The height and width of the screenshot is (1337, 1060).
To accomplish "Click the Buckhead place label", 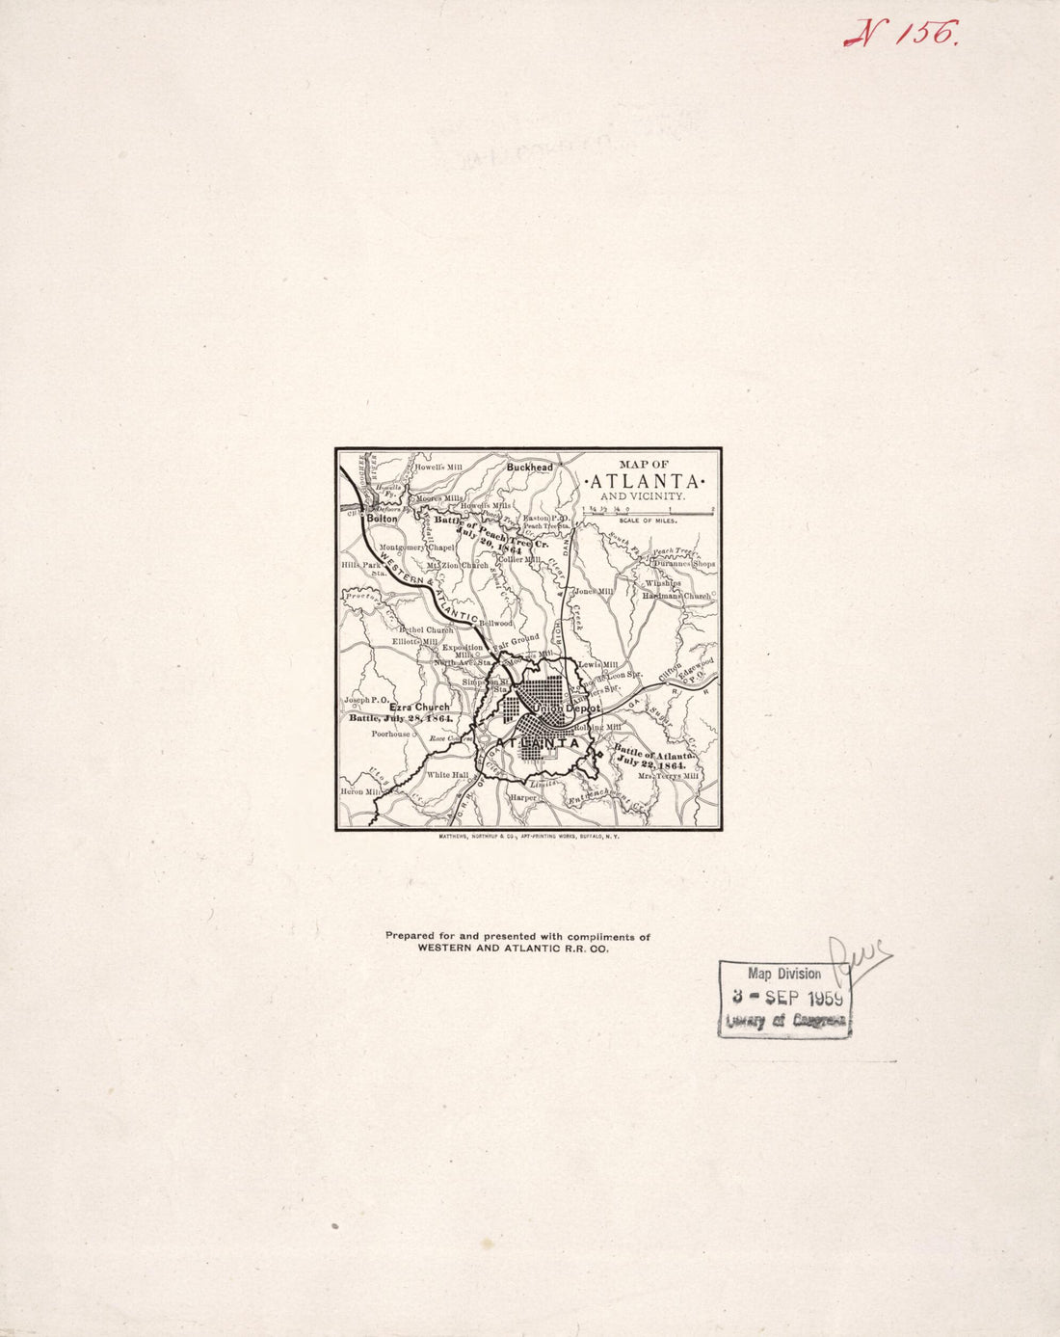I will (x=530, y=468).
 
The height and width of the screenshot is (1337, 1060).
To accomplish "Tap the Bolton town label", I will (x=382, y=519).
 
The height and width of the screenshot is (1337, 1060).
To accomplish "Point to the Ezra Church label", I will (x=419, y=708).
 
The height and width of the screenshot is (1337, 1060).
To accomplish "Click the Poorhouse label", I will (x=391, y=734).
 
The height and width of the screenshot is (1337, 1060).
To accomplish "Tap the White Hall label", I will (x=447, y=774).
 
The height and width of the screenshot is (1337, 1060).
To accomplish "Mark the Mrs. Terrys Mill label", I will (x=666, y=775).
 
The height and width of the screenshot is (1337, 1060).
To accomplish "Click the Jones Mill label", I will (x=594, y=591).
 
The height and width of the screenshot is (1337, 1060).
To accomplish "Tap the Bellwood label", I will (x=496, y=624).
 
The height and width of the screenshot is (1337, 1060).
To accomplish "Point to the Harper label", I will (x=523, y=798).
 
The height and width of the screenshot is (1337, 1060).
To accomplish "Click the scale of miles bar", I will (x=648, y=513).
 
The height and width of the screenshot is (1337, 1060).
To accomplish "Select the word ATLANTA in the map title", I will (x=645, y=481).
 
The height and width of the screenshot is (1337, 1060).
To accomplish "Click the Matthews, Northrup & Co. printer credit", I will (x=529, y=837).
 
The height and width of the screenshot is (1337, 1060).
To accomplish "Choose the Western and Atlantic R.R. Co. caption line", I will (x=513, y=949).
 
